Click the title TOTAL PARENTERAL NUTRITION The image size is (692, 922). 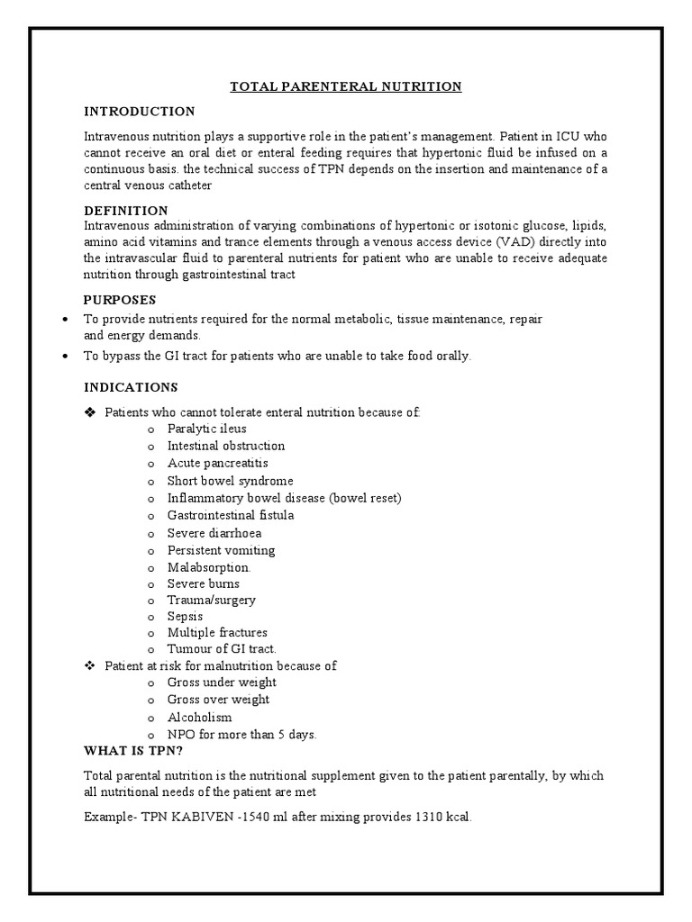(346, 86)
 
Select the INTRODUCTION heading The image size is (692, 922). (139, 112)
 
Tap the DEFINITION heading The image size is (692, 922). (125, 210)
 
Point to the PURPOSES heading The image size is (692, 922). (120, 299)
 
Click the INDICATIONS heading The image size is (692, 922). (131, 387)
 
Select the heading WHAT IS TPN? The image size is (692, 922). (133, 751)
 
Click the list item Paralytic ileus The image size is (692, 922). (206, 429)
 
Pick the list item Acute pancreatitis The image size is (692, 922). (217, 463)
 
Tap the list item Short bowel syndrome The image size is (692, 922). (230, 481)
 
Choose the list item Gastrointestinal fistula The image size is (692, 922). (231, 515)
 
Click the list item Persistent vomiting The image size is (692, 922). (221, 550)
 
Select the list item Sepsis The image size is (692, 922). (185, 616)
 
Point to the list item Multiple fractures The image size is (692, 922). (217, 633)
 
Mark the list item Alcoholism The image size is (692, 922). (199, 718)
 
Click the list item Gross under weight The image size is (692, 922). (222, 682)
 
